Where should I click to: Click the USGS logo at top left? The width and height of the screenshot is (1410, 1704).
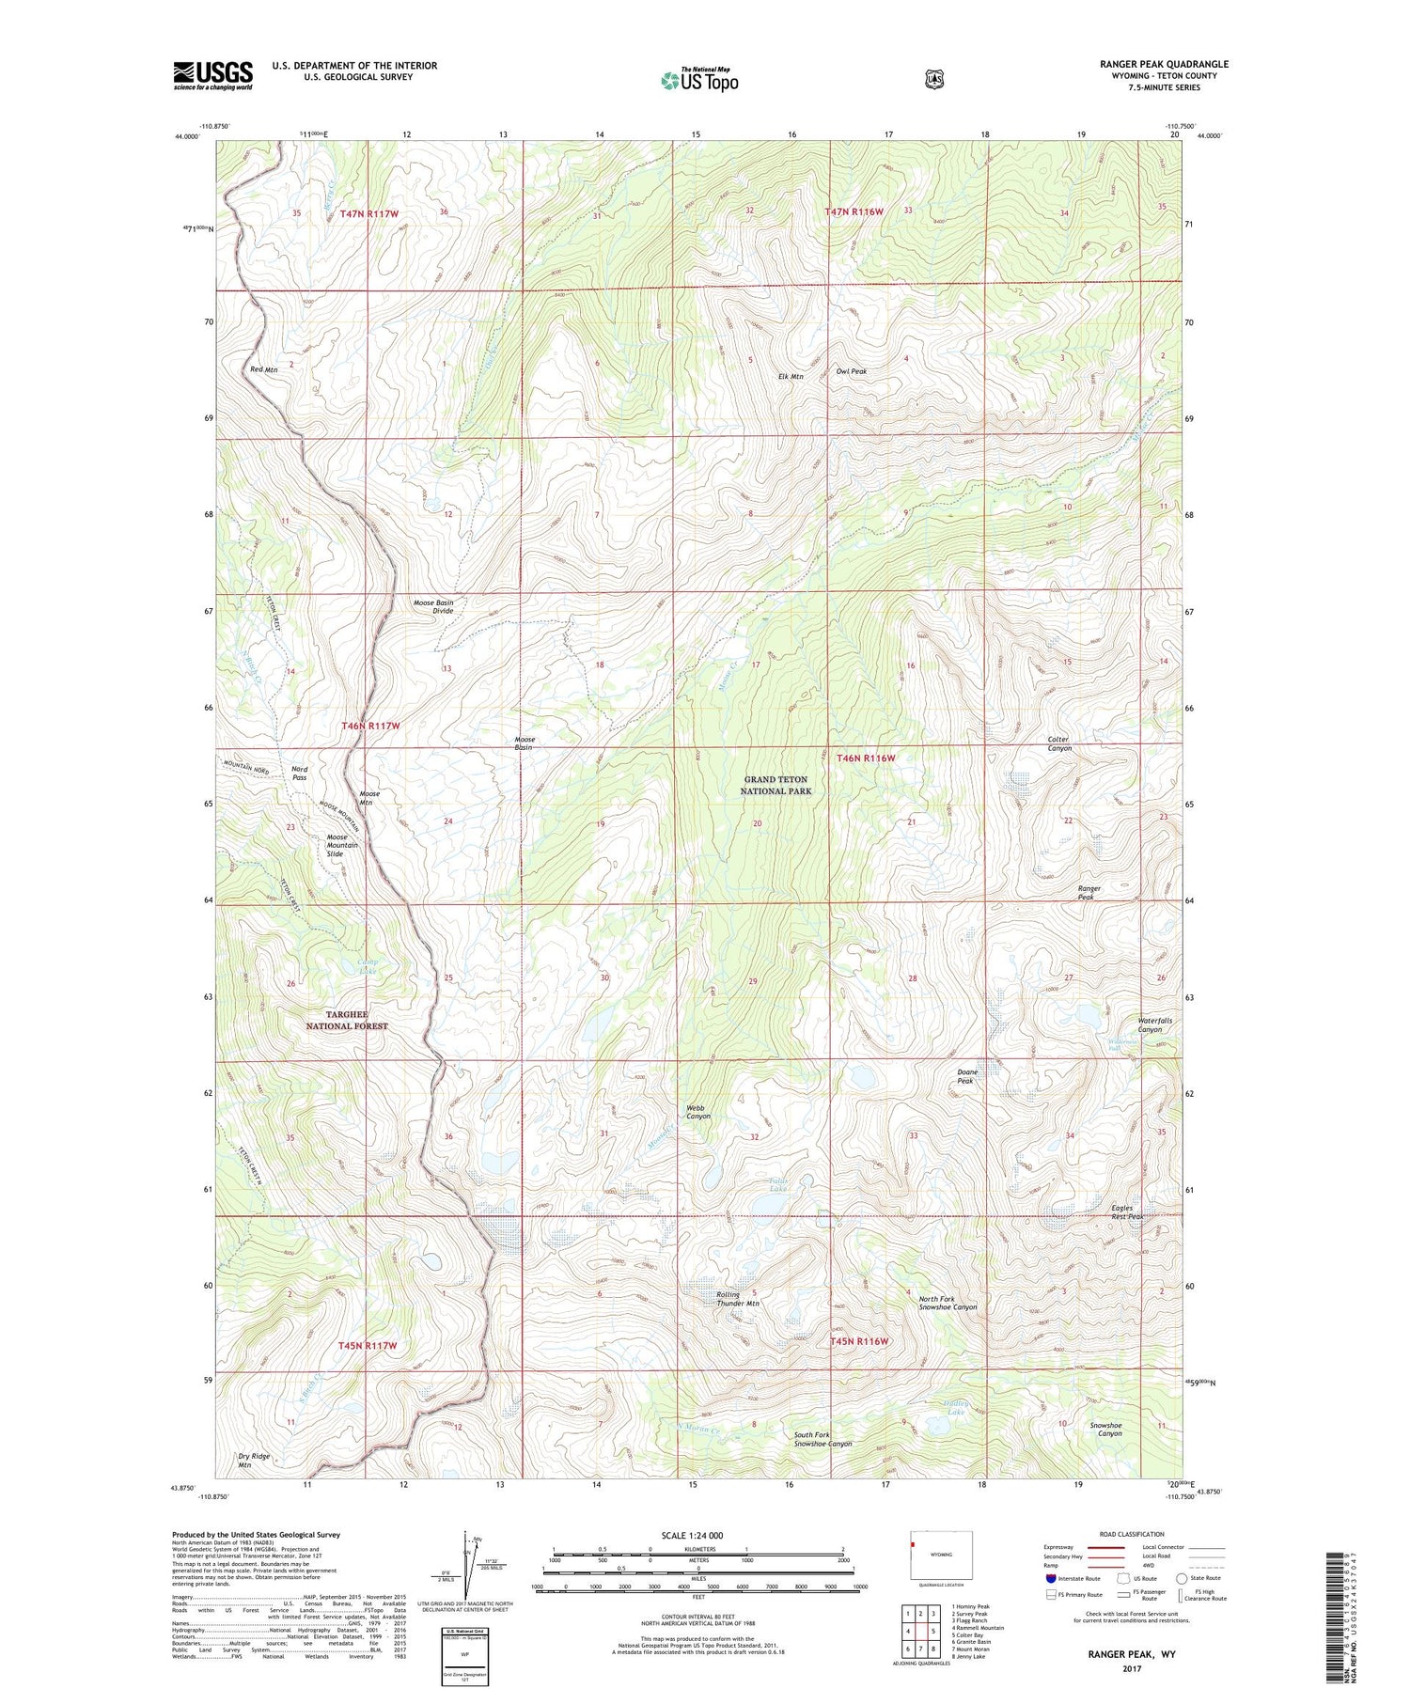click(212, 75)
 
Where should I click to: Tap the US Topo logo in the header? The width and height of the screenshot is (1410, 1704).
click(699, 81)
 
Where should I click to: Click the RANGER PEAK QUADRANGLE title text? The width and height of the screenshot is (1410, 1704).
click(1164, 64)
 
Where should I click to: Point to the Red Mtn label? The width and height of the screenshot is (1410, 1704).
click(264, 369)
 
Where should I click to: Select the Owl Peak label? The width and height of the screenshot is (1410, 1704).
click(852, 371)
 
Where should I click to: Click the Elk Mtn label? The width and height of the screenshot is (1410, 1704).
click(791, 377)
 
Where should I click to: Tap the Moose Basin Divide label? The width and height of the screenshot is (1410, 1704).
click(433, 606)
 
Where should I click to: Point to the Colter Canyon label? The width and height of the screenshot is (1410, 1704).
click(1059, 743)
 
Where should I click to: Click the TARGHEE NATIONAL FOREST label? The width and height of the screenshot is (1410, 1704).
click(347, 1020)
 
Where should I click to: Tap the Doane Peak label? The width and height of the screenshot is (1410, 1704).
click(967, 1076)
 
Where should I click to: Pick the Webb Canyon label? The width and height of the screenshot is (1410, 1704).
click(697, 1112)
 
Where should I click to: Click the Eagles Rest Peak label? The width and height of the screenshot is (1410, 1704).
click(1127, 1212)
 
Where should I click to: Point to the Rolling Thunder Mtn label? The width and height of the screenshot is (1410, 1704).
click(738, 1299)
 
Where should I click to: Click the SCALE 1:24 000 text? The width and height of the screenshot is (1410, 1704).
click(693, 1535)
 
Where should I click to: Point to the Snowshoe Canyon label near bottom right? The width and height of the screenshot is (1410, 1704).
click(1105, 1430)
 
